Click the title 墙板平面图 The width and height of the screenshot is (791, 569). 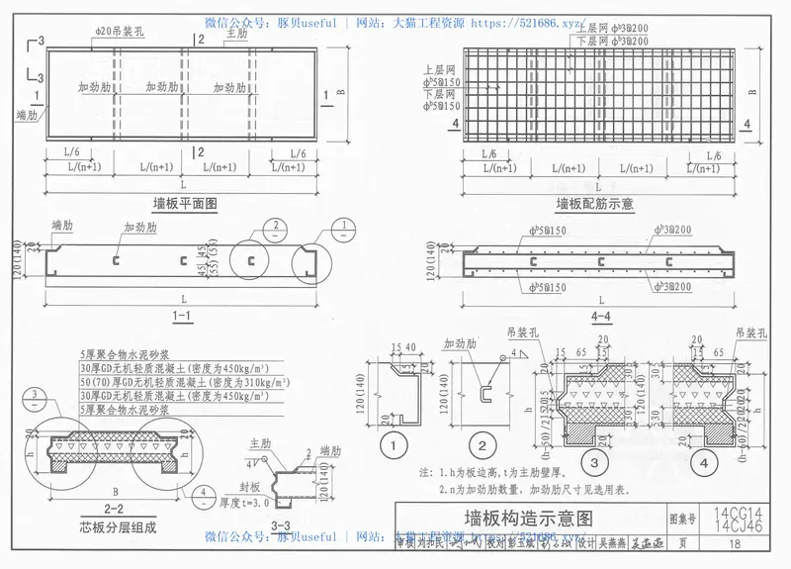coord(185,204)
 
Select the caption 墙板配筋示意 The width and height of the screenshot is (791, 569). coord(593,204)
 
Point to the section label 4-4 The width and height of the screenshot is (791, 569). coord(599,317)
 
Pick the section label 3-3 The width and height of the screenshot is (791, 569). coord(281,525)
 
